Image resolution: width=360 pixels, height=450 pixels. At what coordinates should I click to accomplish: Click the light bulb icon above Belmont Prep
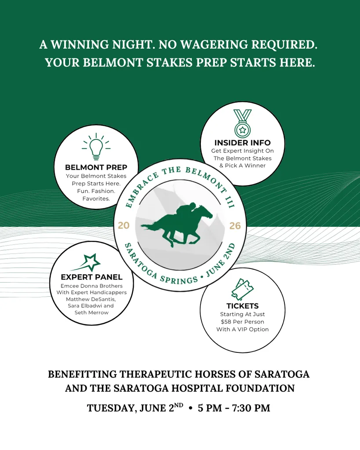[96, 147]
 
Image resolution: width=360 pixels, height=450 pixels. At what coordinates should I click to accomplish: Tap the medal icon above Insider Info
[242, 123]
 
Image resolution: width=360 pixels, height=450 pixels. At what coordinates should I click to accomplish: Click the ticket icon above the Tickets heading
[242, 289]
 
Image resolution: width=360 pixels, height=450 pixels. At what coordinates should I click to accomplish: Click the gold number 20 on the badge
[124, 226]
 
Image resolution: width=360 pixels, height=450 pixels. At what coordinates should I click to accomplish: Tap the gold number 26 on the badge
[235, 226]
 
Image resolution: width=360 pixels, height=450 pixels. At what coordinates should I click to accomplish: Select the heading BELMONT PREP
[96, 167]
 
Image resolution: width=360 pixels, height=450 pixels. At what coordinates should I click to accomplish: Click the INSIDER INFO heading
[242, 143]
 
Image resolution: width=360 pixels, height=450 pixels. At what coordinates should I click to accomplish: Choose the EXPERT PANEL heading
[91, 277]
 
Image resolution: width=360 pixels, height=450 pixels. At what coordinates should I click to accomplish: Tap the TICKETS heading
[242, 306]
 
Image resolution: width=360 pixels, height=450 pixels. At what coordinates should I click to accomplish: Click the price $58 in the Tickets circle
[226, 322]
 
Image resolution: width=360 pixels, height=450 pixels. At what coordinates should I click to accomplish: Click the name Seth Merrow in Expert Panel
[91, 312]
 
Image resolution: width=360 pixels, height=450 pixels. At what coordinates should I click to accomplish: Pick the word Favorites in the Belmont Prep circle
[96, 199]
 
